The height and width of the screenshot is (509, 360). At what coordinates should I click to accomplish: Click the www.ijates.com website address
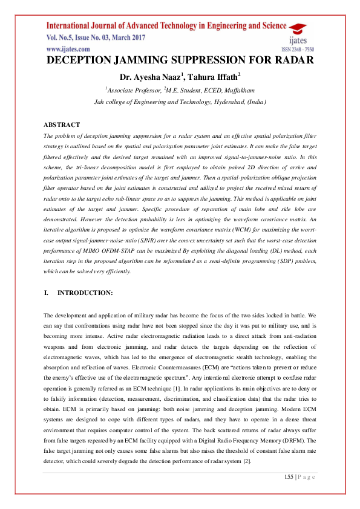pyautogui.click(x=65, y=48)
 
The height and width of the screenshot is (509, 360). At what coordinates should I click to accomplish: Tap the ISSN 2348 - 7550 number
pyautogui.click(x=298, y=49)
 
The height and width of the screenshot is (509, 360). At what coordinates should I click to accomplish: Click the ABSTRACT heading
pyautogui.click(x=62, y=125)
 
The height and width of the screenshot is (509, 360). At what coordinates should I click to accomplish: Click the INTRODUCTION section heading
pyautogui.click(x=85, y=293)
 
